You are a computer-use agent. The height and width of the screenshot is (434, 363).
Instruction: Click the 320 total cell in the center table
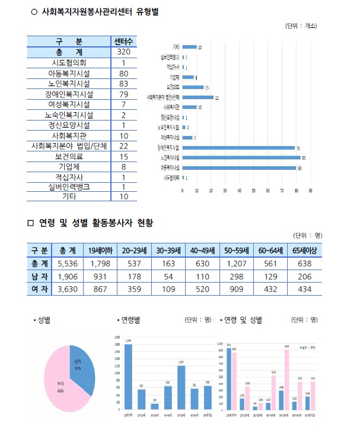coord(123,52)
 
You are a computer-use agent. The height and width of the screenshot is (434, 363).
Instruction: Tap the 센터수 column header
coord(123,41)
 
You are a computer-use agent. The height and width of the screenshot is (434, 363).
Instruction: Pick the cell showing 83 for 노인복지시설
coord(123,84)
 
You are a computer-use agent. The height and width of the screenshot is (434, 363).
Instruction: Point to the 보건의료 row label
coord(69,157)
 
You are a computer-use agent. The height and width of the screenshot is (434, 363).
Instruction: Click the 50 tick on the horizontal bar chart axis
coord(253,191)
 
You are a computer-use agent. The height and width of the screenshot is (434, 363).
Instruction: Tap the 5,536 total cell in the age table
coord(64,263)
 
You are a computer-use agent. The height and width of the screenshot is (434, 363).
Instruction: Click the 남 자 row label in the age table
coord(39,276)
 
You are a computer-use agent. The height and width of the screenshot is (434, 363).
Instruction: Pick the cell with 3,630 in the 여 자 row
coord(64,289)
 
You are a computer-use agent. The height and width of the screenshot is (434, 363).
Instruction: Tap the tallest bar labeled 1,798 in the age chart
coord(128,377)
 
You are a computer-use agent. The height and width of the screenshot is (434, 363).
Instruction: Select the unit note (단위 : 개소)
coord(301,26)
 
